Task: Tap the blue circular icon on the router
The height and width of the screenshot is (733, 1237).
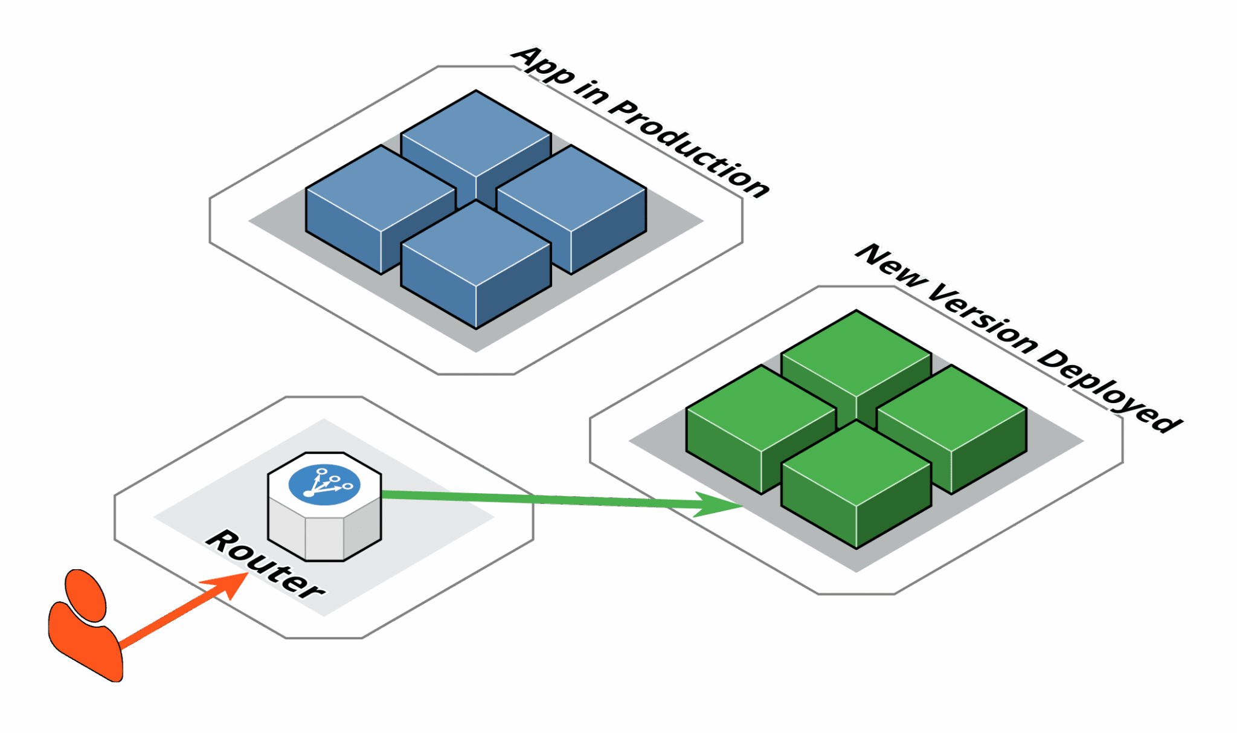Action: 324,485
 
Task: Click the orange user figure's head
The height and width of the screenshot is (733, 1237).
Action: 86,595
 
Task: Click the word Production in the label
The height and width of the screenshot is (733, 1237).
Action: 689,148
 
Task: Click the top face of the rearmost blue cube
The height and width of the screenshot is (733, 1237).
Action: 476,133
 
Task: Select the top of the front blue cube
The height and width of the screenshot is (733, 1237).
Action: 476,243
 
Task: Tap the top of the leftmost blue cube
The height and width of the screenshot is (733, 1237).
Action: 381,188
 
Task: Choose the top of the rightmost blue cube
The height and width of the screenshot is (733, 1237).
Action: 571,188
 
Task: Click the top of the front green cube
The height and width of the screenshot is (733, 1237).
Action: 856,463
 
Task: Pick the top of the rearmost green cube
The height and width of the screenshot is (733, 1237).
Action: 856,353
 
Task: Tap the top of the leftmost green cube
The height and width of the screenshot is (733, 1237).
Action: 761,408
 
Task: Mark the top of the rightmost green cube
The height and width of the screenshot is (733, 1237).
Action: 952,408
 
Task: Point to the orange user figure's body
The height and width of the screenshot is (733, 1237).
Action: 85,641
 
